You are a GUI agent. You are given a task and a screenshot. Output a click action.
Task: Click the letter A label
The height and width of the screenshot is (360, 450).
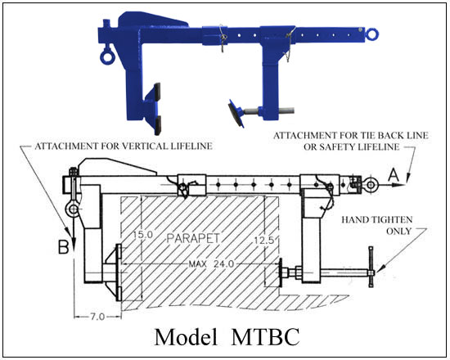(394, 174)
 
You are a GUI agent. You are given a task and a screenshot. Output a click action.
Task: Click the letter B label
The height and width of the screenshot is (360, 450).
(64, 247)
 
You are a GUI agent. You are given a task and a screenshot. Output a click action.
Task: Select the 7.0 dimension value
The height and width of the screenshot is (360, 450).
(97, 317)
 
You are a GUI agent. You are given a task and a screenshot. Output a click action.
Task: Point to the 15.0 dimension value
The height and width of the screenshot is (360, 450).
(143, 235)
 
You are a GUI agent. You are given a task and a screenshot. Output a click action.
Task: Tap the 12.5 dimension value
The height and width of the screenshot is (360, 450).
(264, 240)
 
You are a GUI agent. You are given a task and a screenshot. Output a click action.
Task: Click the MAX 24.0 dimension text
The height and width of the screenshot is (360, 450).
(211, 263)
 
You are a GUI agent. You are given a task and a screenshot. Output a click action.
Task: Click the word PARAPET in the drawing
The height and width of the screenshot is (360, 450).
(193, 238)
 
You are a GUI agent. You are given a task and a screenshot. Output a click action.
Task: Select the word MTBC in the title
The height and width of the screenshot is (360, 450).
(265, 337)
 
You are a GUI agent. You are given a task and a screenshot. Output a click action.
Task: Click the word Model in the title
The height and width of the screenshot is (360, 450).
(186, 337)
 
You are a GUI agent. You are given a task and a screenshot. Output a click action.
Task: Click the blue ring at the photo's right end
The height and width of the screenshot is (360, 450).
(371, 34)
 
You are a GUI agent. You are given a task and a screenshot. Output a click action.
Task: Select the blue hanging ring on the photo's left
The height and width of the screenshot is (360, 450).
(107, 56)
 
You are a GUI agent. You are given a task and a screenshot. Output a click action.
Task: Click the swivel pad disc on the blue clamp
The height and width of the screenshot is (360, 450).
(236, 114)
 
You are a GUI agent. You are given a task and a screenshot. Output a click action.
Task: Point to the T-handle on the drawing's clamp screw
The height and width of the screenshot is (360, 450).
(371, 267)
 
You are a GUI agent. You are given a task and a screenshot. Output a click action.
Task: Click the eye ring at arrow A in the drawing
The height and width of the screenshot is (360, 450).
(371, 185)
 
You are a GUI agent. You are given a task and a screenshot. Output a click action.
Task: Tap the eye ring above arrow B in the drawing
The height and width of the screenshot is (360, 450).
(73, 209)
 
